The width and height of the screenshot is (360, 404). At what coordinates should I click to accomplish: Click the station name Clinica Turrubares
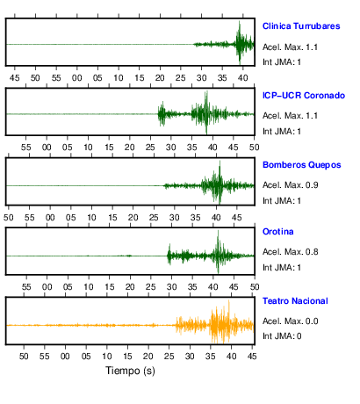pyautogui.click(x=301, y=26)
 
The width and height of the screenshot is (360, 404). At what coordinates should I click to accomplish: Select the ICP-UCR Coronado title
pyautogui.click(x=304, y=96)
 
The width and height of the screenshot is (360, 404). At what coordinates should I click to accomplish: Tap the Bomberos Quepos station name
pyautogui.click(x=302, y=165)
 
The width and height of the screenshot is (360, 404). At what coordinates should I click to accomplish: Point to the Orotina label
pyautogui.click(x=278, y=232)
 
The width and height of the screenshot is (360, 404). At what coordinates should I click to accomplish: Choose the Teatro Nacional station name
pyautogui.click(x=295, y=301)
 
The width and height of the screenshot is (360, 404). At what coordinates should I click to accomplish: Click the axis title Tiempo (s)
pyautogui.click(x=130, y=371)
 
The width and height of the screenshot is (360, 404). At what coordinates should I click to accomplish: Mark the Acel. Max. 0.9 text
pyautogui.click(x=290, y=185)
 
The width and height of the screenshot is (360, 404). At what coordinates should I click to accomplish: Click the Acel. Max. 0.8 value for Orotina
pyautogui.click(x=290, y=252)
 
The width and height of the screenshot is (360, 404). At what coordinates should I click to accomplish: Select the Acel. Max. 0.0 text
pyautogui.click(x=290, y=321)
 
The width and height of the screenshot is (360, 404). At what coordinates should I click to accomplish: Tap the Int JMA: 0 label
pyautogui.click(x=282, y=336)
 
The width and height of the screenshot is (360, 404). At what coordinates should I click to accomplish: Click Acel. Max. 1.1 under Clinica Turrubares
pyautogui.click(x=290, y=47)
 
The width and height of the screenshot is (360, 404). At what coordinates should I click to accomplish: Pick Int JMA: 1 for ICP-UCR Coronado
pyautogui.click(x=282, y=132)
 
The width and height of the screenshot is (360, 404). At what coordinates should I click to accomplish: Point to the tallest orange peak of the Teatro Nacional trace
pyautogui.click(x=229, y=300)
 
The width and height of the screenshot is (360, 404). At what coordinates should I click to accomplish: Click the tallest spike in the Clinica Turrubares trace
pyautogui.click(x=240, y=22)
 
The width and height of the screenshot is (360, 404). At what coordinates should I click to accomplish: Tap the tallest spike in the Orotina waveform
pyautogui.click(x=218, y=231)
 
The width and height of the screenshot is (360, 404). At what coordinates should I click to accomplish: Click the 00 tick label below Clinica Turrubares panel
pyautogui.click(x=77, y=78)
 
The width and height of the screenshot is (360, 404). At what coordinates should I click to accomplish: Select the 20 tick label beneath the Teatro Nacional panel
pyautogui.click(x=148, y=357)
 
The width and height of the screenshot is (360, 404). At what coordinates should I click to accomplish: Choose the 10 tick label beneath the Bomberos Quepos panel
pyautogui.click(x=91, y=218)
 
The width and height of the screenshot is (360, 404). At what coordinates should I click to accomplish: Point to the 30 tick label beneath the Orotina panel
pyautogui.click(x=171, y=287)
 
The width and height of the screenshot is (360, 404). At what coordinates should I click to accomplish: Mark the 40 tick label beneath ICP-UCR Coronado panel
pyautogui.click(x=212, y=148)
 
